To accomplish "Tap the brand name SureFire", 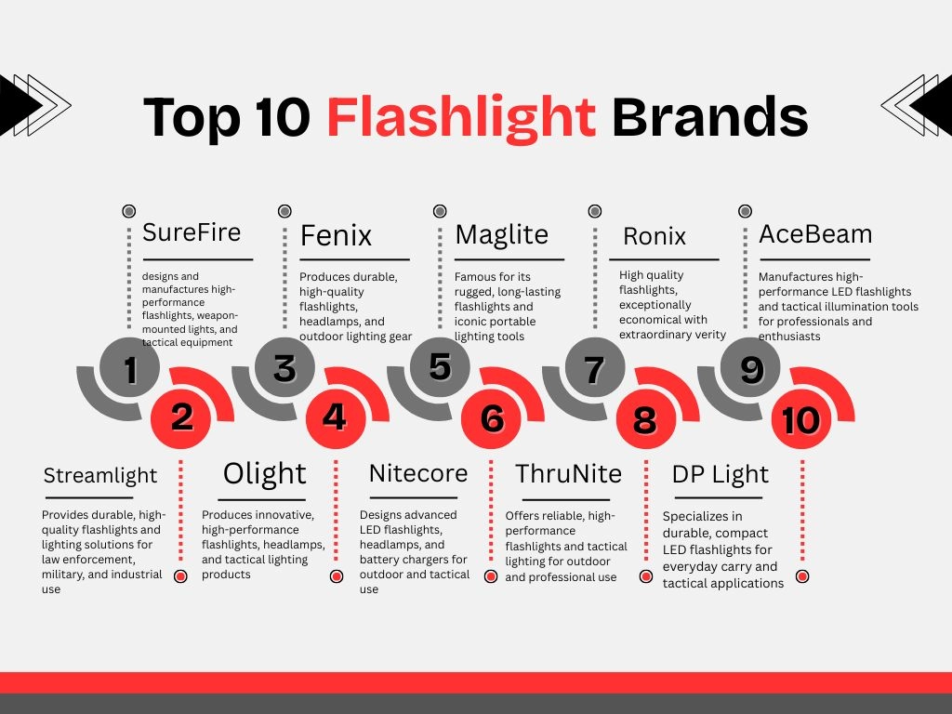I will pyautogui.click(x=192, y=232).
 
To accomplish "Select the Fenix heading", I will pyautogui.click(x=336, y=236).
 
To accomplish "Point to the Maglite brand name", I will pyautogui.click(x=502, y=234).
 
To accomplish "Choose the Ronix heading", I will pyautogui.click(x=654, y=236).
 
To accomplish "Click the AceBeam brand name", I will pyautogui.click(x=814, y=233).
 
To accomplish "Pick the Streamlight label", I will pyautogui.click(x=100, y=475).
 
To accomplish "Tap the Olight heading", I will pyautogui.click(x=265, y=474).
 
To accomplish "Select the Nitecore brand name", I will pyautogui.click(x=418, y=472).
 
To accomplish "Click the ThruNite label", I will pyautogui.click(x=568, y=473).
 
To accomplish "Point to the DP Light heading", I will pyautogui.click(x=721, y=474).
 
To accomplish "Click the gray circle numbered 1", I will pyautogui.click(x=130, y=370).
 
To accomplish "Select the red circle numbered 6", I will pyautogui.click(x=492, y=418).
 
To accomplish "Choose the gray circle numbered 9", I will pyautogui.click(x=751, y=369).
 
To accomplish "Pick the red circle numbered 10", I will pyautogui.click(x=801, y=420).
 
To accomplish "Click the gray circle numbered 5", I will pyautogui.click(x=440, y=366).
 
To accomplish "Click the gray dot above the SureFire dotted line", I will pyautogui.click(x=129, y=212).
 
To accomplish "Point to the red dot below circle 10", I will pyautogui.click(x=802, y=576).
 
